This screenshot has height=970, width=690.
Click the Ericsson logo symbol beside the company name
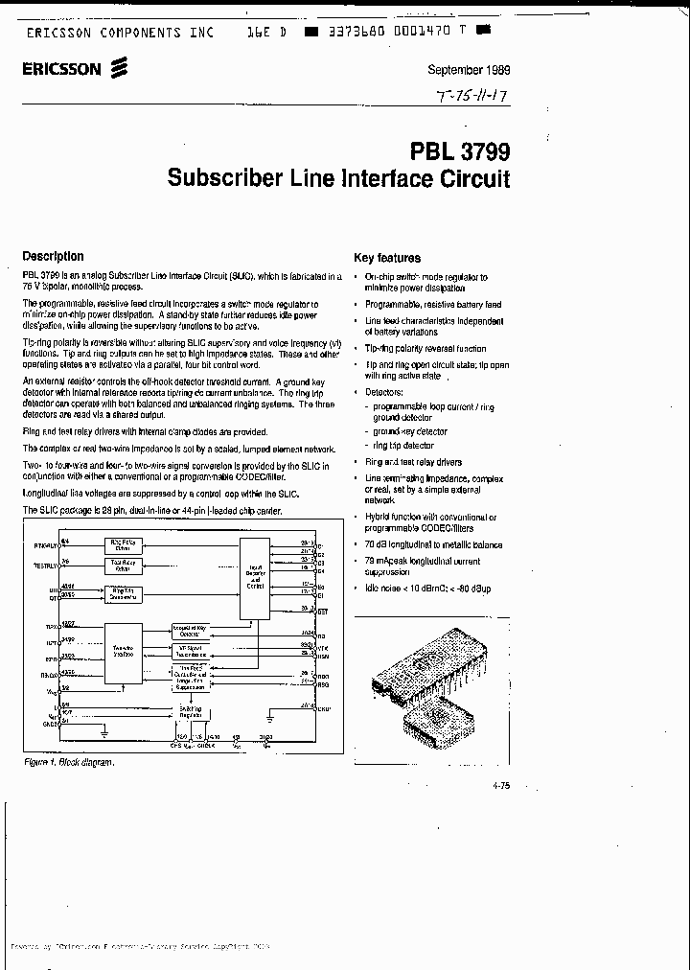click(x=119, y=67)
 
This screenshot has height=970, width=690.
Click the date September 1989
click(x=468, y=70)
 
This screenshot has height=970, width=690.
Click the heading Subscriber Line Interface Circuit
click(x=338, y=178)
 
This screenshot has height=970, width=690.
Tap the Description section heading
click(x=53, y=256)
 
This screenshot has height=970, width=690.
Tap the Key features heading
click(x=387, y=257)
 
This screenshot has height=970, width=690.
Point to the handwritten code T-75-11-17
click(x=471, y=96)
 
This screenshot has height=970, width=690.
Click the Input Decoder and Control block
click(x=255, y=574)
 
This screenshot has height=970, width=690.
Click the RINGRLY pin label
click(x=46, y=544)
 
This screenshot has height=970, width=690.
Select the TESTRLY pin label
click(x=46, y=566)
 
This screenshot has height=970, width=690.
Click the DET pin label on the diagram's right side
click(x=322, y=611)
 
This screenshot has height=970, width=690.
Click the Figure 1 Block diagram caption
click(x=69, y=762)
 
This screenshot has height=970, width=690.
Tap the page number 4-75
click(x=499, y=785)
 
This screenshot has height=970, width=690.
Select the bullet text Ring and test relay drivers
click(x=413, y=462)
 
